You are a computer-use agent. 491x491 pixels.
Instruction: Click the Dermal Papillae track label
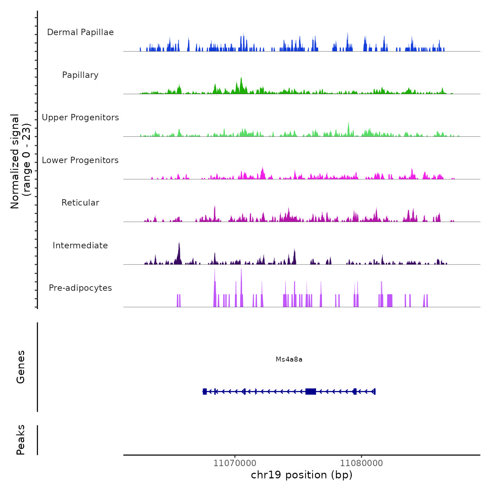click(x=80, y=32)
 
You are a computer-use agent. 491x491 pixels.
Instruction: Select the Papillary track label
click(x=80, y=75)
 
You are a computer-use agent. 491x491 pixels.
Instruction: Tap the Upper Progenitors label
click(x=80, y=117)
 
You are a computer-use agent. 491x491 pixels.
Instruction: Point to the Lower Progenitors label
click(x=80, y=160)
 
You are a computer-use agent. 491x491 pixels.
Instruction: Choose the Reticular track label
click(x=80, y=203)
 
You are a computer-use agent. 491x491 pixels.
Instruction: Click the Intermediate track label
click(x=80, y=245)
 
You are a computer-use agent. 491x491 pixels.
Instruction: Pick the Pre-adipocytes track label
click(x=80, y=288)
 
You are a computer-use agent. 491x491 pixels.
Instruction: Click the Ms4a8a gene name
click(x=289, y=359)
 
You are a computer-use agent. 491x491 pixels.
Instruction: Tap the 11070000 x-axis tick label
click(x=235, y=463)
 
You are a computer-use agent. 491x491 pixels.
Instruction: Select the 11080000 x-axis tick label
click(x=362, y=463)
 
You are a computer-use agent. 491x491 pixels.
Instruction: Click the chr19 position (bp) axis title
click(x=302, y=475)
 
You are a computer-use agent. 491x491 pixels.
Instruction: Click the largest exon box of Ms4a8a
click(x=311, y=391)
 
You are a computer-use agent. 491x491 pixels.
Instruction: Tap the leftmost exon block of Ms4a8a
click(x=205, y=391)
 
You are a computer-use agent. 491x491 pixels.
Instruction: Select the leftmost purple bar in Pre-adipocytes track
click(x=178, y=301)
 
